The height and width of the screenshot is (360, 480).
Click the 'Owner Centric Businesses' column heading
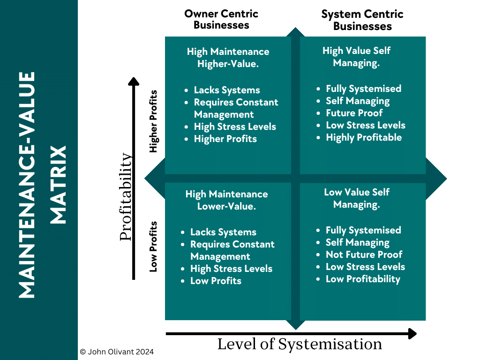click(221, 19)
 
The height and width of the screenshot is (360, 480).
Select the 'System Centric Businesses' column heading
click(362, 20)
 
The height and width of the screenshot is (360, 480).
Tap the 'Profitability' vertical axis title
click(126, 197)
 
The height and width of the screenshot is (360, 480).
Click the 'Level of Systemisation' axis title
click(300, 345)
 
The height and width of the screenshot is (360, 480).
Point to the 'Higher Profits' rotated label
click(153, 121)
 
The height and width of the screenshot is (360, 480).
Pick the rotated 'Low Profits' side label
click(153, 247)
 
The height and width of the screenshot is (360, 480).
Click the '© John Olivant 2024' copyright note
click(117, 352)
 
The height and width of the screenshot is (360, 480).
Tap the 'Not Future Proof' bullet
click(364, 255)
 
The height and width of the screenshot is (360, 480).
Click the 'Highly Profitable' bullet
click(364, 137)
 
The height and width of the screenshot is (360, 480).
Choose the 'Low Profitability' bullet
click(363, 279)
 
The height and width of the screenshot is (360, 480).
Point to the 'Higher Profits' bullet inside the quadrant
click(225, 139)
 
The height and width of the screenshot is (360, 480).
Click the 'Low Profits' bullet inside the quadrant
click(216, 281)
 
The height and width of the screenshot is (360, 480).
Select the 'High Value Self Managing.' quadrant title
click(356, 57)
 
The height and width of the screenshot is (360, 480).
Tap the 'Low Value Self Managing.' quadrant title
click(356, 198)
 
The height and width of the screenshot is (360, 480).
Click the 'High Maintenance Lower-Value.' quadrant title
click(227, 200)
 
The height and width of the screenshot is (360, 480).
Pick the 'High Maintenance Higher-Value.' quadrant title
click(228, 58)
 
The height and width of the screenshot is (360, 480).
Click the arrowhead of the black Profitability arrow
click(134, 82)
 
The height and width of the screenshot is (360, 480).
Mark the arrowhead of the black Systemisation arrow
click(412, 334)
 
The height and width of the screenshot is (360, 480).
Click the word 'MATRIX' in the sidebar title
click(58, 185)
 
